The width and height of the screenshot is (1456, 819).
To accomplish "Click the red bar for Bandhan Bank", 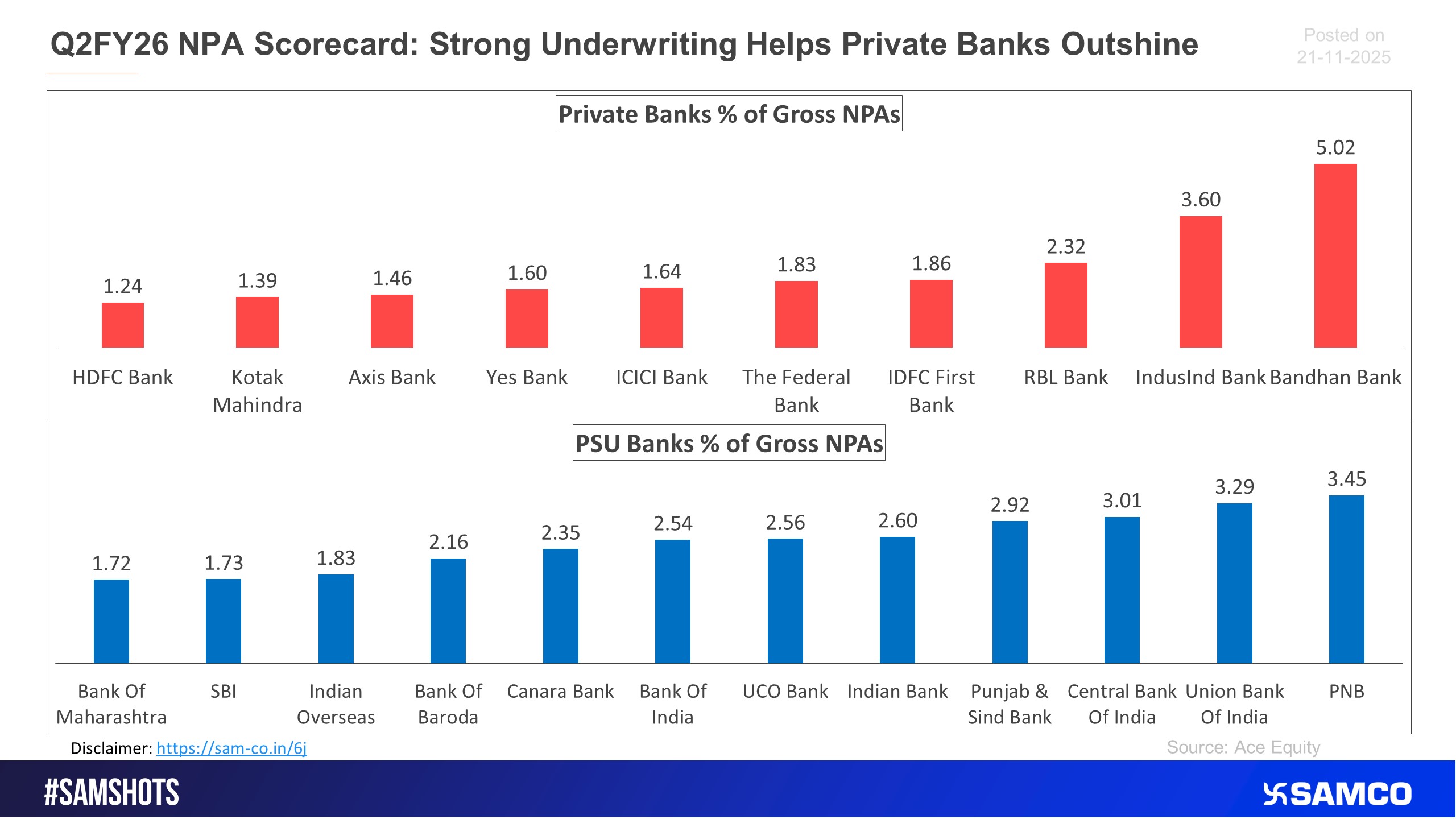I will pos(1335,256).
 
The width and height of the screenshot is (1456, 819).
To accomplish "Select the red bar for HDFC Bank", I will pos(123,325).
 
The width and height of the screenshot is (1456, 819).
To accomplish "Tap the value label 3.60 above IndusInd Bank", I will pos(1201,200).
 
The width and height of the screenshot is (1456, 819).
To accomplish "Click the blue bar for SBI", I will pos(224,621).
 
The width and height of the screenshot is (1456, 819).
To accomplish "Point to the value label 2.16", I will pos(448,542).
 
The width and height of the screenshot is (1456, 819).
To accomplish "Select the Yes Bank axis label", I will pos(527,377).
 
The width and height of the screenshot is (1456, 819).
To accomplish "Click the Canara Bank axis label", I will pos(560,691).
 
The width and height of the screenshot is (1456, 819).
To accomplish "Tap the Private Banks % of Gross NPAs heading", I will pos(729,114).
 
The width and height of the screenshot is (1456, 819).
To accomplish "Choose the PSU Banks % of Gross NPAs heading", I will pos(729,443).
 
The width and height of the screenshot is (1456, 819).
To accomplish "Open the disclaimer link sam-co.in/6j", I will pos(231,748).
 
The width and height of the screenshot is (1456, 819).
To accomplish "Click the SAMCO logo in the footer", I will pos(1337,794).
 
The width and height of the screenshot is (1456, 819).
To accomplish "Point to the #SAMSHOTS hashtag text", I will pos(111,793).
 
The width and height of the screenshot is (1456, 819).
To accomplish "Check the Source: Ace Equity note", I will pos(1243,747).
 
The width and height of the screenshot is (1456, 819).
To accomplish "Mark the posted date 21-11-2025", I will pos(1343,57).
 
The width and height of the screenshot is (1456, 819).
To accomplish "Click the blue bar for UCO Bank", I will pos(785,601).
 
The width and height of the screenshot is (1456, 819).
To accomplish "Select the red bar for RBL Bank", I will pos(1066,305).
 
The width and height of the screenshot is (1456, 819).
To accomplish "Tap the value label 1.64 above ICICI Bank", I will pos(661,271).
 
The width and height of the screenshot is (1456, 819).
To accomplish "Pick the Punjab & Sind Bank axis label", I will pos(1010,704).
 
